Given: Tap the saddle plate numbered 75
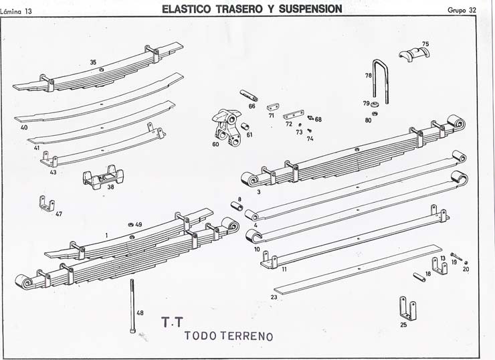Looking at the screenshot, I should tap(413, 55).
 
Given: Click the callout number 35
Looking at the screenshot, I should tap(93, 62).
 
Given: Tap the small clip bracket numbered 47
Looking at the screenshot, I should tap(47, 203).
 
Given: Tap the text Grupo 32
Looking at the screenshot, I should tap(462, 9).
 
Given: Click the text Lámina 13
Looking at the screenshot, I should tap(16, 11).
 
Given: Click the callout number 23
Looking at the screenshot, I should tap(274, 297).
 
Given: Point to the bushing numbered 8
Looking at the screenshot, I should tap(236, 206).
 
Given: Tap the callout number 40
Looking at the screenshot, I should tap(24, 127).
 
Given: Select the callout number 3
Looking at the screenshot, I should tap(258, 192).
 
